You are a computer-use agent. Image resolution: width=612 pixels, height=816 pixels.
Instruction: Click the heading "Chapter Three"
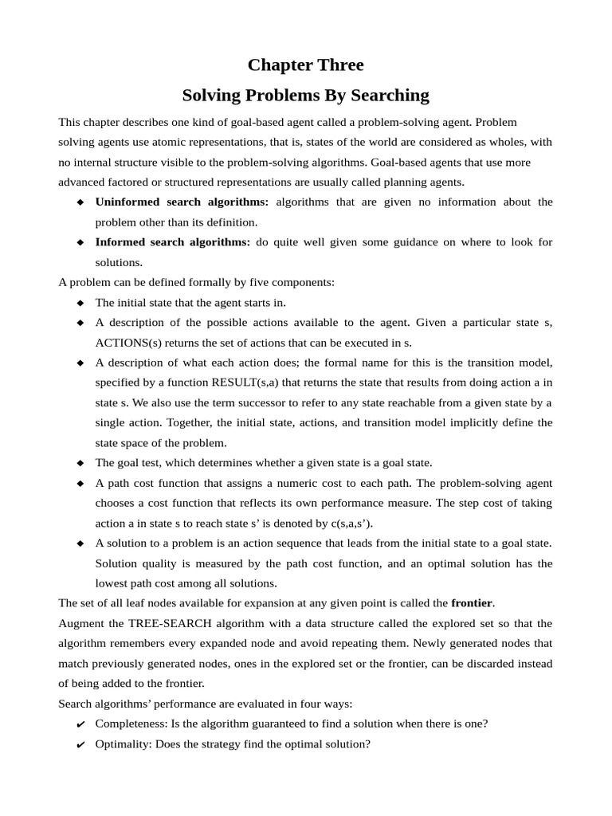(x=305, y=65)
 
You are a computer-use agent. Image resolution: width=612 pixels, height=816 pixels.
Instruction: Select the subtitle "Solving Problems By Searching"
(x=305, y=96)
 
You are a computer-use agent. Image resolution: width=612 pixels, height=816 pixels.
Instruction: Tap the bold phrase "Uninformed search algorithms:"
(x=182, y=202)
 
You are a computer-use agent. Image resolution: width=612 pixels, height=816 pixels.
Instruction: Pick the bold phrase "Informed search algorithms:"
(x=172, y=241)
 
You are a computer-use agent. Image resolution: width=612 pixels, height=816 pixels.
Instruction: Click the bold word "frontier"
(x=472, y=602)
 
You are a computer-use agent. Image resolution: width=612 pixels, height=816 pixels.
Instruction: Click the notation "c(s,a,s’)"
(x=344, y=523)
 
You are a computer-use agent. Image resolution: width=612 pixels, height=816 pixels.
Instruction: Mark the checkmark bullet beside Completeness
(x=80, y=724)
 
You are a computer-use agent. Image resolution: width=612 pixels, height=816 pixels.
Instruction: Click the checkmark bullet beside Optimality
(x=80, y=745)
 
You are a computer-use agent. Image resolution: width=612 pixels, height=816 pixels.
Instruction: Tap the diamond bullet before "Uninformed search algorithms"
(x=80, y=202)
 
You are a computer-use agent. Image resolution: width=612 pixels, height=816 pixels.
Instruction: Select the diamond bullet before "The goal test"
(x=80, y=463)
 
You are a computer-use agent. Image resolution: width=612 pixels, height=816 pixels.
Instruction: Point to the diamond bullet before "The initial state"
(x=80, y=303)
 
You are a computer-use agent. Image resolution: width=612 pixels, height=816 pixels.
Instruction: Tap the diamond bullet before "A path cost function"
(x=80, y=484)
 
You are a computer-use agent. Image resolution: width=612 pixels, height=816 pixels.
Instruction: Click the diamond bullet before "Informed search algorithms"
(x=80, y=242)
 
